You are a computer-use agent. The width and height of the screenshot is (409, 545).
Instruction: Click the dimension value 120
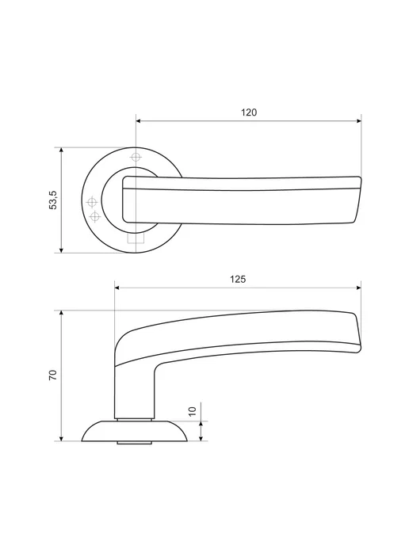point(249,112)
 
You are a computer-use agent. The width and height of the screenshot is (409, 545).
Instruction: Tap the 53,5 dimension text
point(53,200)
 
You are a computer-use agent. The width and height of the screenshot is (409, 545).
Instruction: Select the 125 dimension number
point(238,280)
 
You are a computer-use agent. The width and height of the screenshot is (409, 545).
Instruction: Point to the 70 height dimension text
point(52,375)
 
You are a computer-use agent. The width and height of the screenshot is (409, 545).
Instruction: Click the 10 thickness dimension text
point(193,411)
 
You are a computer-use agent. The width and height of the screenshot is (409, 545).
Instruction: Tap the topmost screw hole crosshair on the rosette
point(136,157)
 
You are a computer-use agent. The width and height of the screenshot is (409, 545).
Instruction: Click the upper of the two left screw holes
point(92,201)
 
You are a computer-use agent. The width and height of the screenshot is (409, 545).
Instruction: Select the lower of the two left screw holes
point(94,217)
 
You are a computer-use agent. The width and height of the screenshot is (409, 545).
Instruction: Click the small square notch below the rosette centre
point(136,238)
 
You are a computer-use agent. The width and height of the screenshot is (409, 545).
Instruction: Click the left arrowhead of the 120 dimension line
point(138,121)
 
